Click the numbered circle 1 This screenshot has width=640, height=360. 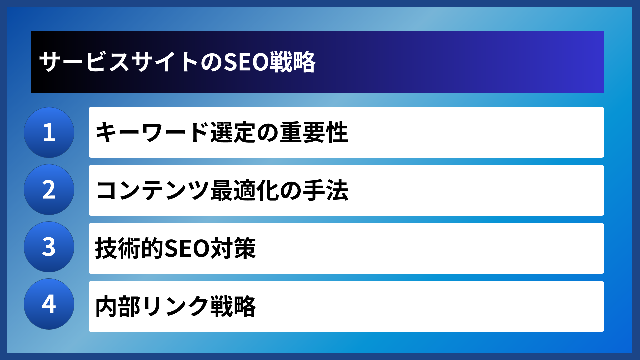49,132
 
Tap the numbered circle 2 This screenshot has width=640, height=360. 49,190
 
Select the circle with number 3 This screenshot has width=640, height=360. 49,247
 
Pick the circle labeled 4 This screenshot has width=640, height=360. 49,304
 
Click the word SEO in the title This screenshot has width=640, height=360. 246,62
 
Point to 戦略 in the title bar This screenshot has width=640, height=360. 292,62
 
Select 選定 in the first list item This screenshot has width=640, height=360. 233,132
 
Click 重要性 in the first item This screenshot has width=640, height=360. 314,132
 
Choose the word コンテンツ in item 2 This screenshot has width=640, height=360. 152,190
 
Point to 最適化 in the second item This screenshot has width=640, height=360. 245,190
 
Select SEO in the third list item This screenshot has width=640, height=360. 187,248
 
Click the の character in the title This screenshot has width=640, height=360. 211,62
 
